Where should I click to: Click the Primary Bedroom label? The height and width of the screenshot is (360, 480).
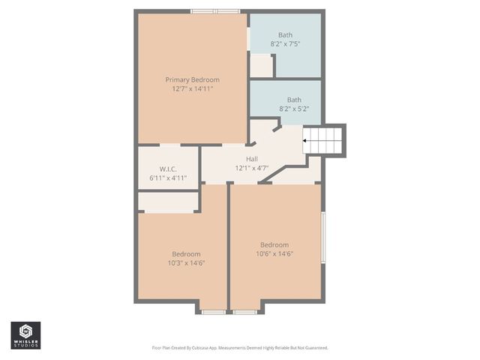coord(193,79)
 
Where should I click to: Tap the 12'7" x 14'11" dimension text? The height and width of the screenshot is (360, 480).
coord(193,89)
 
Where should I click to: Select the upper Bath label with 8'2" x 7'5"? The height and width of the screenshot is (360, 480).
coord(286,34)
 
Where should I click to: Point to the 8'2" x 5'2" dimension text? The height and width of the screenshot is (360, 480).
coord(294,109)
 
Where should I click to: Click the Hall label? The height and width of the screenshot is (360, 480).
coord(253,158)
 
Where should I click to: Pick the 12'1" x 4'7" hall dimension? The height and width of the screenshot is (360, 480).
coord(253,168)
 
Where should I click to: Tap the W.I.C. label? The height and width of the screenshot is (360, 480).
coord(167,169)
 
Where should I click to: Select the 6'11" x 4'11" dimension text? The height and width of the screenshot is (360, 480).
coord(168,178)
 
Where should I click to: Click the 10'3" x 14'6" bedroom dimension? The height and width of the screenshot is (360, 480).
coord(186,263)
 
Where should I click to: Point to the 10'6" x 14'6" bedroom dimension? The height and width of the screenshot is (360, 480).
coord(274,254)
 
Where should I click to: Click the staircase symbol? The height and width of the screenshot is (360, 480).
coord(325,139)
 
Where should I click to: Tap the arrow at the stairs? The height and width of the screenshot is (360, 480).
coord(306,139)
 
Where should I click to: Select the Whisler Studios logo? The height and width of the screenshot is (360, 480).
coord(25,335)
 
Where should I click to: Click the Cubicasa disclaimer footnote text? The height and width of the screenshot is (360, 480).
coord(240,348)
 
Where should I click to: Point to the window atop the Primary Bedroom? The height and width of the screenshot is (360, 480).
coord(215,11)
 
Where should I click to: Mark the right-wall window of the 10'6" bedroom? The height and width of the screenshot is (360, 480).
coord(323,237)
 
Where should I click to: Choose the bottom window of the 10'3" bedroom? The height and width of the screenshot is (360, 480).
coord(214,311)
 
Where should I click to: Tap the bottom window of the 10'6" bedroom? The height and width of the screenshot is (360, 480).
coord(244,311)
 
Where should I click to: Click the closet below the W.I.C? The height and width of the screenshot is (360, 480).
coord(168,202)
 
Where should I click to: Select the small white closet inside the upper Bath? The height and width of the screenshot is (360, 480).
coord(260,66)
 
